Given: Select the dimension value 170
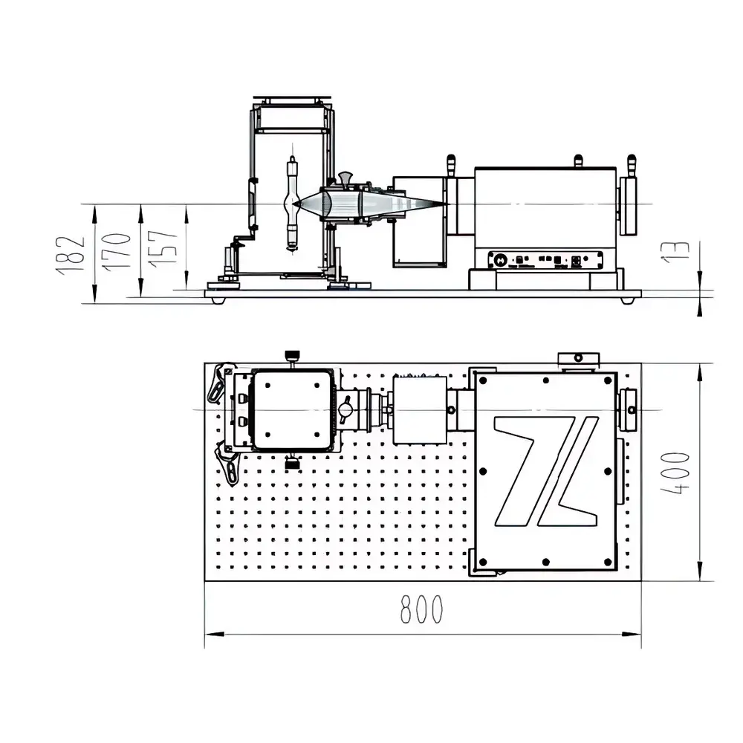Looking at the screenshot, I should coord(117,250).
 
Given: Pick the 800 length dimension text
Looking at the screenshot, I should coord(421,610).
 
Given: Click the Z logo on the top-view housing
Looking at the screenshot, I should coord(546,471).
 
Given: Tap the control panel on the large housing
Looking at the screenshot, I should coord(545,260).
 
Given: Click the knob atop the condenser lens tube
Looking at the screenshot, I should coord(345,178).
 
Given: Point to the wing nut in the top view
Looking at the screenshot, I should coord(345,410).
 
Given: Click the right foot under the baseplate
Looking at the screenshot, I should coord(628,300).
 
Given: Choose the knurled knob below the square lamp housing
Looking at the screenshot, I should coord(292,464).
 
